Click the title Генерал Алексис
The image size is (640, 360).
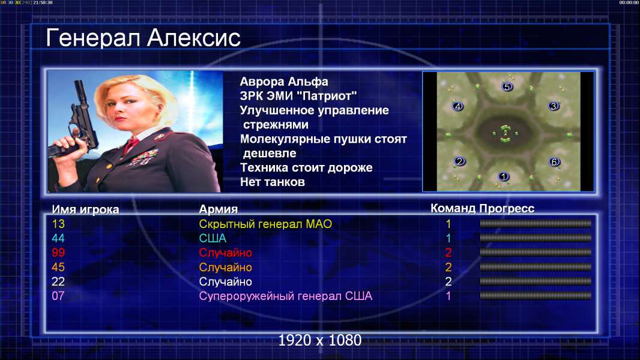click(x=143, y=38)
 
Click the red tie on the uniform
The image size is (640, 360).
click(x=131, y=144)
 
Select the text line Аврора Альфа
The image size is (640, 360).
click(x=283, y=82)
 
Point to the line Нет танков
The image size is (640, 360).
click(x=272, y=182)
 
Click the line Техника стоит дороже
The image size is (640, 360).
click(x=306, y=167)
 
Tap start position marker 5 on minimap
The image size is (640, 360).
click(x=507, y=86)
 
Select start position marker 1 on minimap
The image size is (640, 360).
click(x=503, y=176)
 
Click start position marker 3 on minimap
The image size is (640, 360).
click(x=554, y=106)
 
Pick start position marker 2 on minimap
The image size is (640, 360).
click(x=460, y=161)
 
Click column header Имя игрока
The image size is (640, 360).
click(x=85, y=209)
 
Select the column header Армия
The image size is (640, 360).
click(x=218, y=209)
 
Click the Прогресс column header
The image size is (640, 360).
click(x=507, y=208)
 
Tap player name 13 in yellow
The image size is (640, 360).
click(x=58, y=224)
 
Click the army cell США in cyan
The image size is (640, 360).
click(x=213, y=238)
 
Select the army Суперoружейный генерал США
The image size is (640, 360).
click(x=285, y=296)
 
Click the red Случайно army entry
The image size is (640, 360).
click(x=225, y=253)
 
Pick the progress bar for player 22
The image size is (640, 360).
click(x=535, y=281)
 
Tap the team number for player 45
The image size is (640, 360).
click(x=448, y=267)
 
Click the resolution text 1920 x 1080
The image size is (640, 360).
click(x=319, y=340)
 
